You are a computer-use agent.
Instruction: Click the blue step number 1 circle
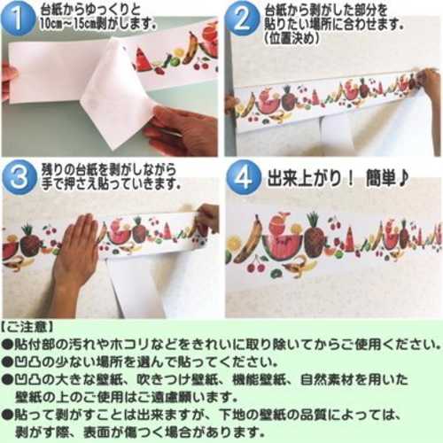[x=19, y=19]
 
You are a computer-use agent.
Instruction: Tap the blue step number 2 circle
[x=241, y=19]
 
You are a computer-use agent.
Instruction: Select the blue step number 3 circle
[x=19, y=177]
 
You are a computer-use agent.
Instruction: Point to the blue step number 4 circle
[x=244, y=177]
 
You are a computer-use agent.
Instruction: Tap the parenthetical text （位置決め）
[x=291, y=38]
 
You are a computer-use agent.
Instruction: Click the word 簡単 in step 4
[x=378, y=178]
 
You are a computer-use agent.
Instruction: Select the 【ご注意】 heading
[x=27, y=328]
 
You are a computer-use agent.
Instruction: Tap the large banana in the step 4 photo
[x=247, y=239]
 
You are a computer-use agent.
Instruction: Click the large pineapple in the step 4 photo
[x=315, y=237]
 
